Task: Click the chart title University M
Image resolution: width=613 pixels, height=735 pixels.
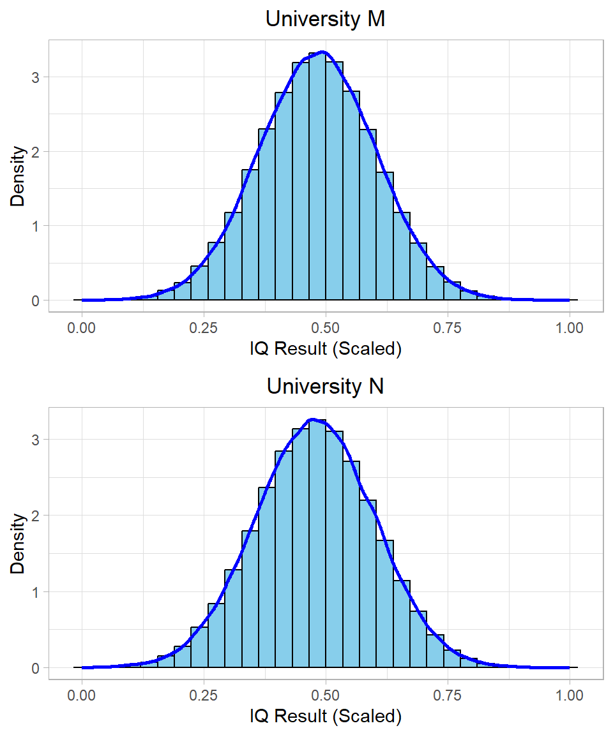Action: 325,19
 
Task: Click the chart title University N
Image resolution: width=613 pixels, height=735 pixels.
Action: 325,387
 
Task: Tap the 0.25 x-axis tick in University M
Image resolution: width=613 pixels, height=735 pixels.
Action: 204,328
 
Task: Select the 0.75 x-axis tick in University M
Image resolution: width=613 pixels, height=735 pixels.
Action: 448,328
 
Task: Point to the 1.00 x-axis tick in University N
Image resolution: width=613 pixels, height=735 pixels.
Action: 570,695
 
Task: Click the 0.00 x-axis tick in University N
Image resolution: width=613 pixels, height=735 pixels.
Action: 82,695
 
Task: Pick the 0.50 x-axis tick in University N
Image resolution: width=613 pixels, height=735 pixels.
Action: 326,695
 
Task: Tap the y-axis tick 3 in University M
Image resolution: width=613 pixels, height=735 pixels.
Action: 36,77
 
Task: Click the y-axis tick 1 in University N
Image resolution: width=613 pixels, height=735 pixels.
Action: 36,592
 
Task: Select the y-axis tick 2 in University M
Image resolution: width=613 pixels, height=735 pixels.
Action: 36,152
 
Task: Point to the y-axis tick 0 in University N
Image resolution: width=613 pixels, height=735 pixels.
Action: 36,668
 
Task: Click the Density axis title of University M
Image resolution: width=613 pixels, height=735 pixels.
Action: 19,176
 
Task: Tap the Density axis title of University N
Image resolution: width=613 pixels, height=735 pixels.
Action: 19,544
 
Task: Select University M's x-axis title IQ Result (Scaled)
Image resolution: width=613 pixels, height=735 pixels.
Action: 325,350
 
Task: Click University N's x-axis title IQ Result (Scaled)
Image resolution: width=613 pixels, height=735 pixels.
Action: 325,717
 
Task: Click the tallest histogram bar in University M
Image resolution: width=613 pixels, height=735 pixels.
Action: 317,179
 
